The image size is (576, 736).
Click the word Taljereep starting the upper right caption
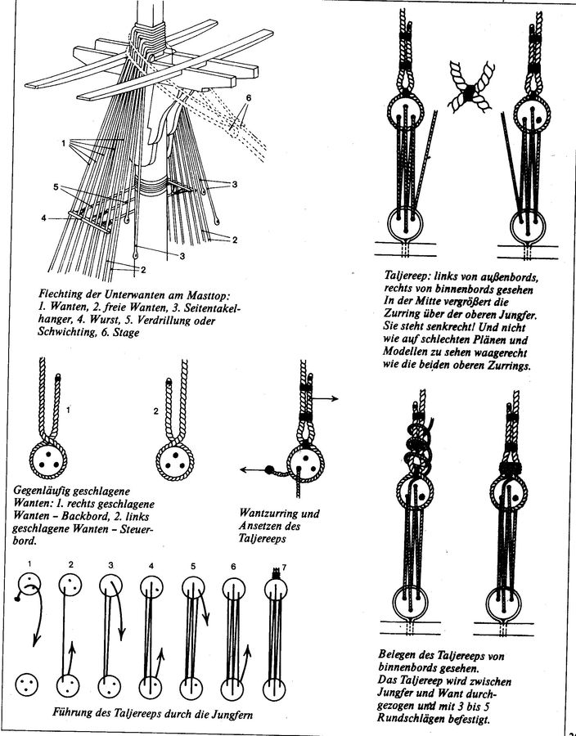(410, 277)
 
